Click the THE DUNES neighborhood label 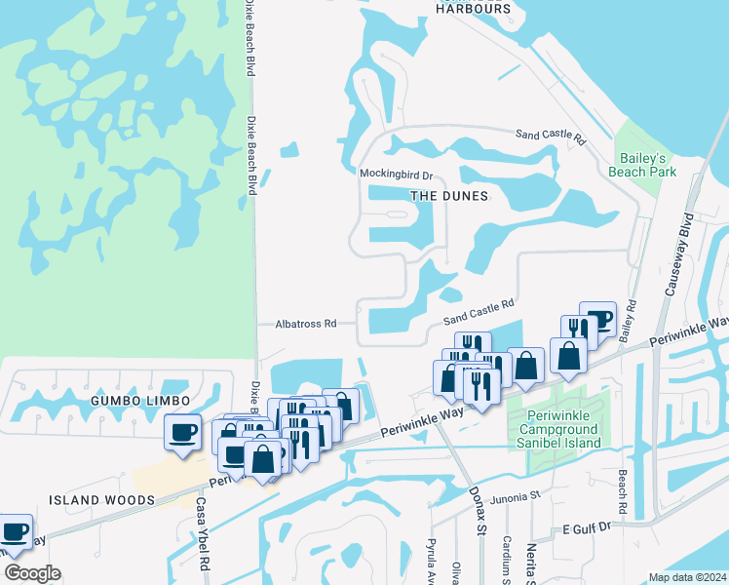click(448, 196)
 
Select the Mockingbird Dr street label click(396, 176)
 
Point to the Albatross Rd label click(305, 324)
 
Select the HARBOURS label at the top click(474, 9)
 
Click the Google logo click(32, 573)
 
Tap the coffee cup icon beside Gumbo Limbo click(183, 432)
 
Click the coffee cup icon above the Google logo click(14, 532)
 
